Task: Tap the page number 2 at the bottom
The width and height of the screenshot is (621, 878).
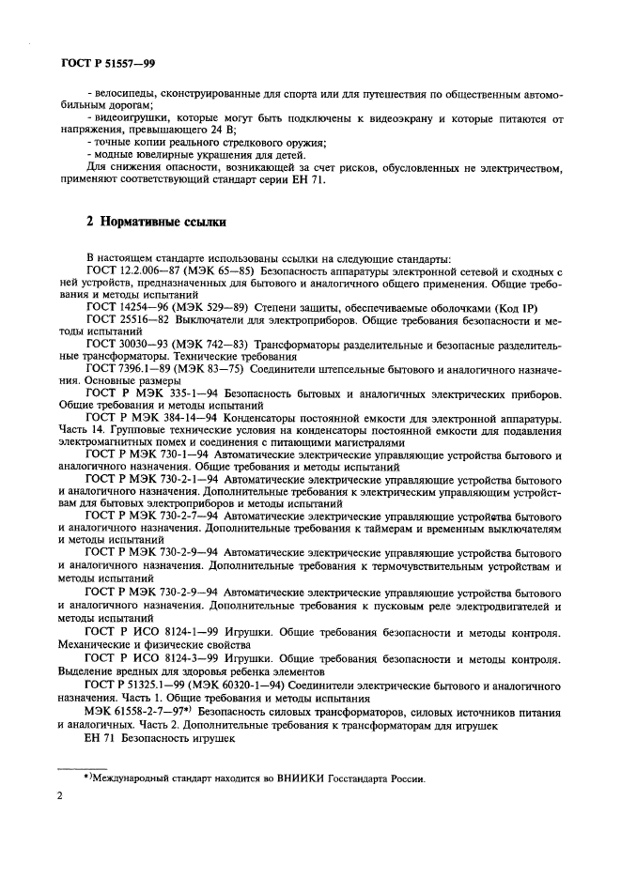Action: tap(58, 796)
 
